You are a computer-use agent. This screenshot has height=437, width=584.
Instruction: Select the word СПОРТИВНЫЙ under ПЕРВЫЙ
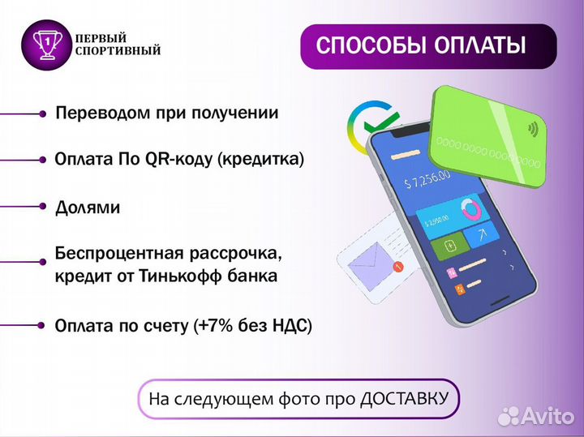pyautogui.click(x=118, y=52)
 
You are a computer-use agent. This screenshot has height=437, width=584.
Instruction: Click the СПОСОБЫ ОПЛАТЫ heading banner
pyautogui.click(x=427, y=45)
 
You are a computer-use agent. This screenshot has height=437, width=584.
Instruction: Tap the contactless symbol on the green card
pyautogui.click(x=533, y=127)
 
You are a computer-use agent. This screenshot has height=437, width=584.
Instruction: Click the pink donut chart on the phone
pyautogui.click(x=470, y=210)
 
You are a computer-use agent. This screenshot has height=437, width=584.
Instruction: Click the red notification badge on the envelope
pyautogui.click(x=397, y=267)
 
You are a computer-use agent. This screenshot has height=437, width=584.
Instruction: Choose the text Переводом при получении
pyautogui.click(x=167, y=114)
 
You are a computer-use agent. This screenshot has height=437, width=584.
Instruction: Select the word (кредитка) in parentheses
pyautogui.click(x=260, y=160)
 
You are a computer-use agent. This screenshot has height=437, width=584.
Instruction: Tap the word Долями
pyautogui.click(x=88, y=208)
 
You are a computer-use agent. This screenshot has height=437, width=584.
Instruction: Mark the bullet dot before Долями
pyautogui.click(x=42, y=207)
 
